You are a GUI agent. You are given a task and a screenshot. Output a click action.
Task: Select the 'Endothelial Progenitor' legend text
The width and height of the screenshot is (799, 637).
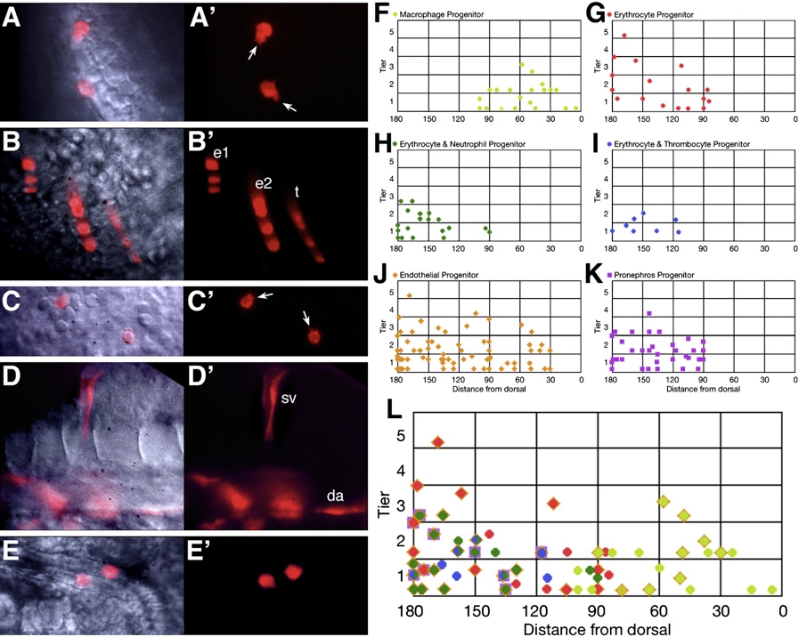pos(447,275)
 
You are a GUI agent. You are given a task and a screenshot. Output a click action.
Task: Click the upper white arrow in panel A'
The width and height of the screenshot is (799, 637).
pos(252,53)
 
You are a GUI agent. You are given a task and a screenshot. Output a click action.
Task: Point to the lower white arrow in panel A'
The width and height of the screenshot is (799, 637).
pos(287,107)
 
